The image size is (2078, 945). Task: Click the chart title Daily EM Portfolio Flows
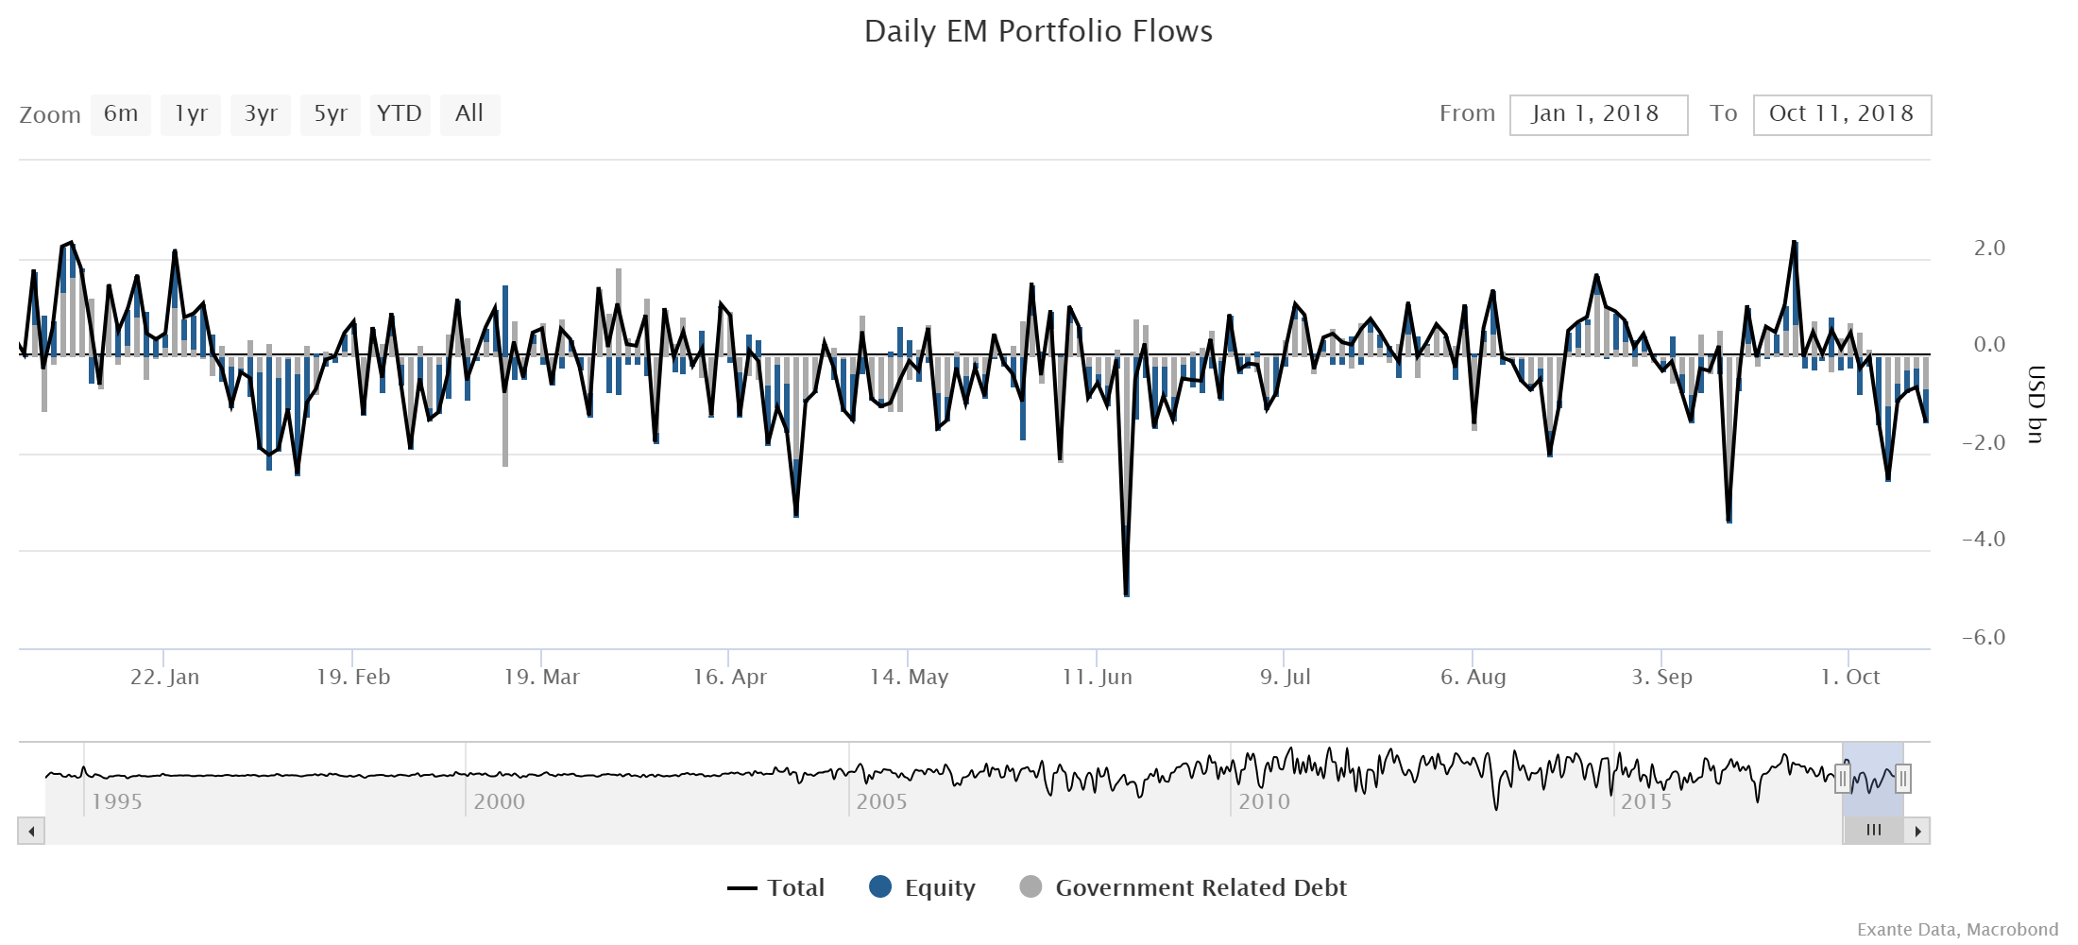1038,31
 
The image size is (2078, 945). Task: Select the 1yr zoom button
190,114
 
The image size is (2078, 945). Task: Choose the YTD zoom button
400,114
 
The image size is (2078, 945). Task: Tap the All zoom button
468,114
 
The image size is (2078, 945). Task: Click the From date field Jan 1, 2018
1597,114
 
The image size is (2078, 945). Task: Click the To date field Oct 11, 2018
1841,114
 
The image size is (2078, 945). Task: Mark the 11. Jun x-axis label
1097,677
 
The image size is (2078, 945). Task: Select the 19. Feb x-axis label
352,677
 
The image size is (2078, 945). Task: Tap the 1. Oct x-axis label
1849,677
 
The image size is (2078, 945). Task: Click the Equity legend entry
922,887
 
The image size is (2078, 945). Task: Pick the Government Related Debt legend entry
1184,887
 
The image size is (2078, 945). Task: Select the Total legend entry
776,887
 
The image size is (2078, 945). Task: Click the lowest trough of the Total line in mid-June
1126,593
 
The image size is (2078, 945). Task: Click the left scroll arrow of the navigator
31,832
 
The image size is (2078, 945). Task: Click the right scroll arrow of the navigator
1917,832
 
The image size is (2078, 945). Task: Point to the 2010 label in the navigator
1264,801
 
